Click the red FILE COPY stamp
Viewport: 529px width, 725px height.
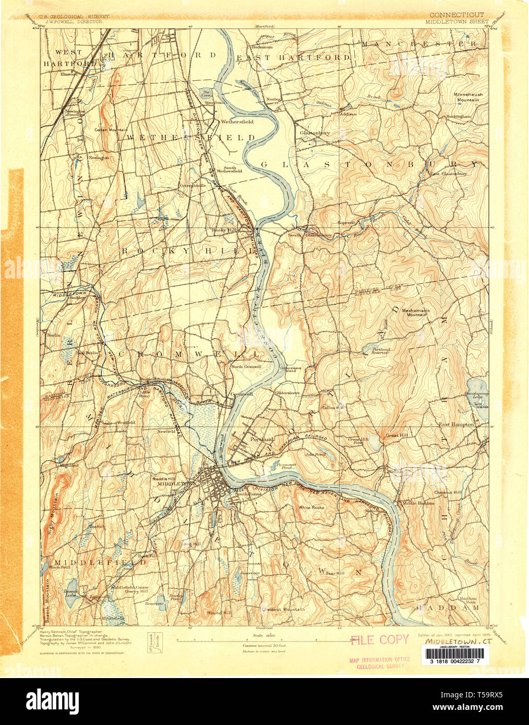pos(379,639)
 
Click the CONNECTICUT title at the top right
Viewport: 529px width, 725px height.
pos(457,15)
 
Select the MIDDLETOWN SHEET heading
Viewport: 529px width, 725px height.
pos(456,22)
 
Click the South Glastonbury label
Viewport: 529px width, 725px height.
pos(310,235)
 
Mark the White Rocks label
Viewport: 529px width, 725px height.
pos(311,507)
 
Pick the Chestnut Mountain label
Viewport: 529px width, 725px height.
pos(283,609)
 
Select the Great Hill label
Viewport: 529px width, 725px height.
pos(396,435)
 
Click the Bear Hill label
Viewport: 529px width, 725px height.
pos(335,573)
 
